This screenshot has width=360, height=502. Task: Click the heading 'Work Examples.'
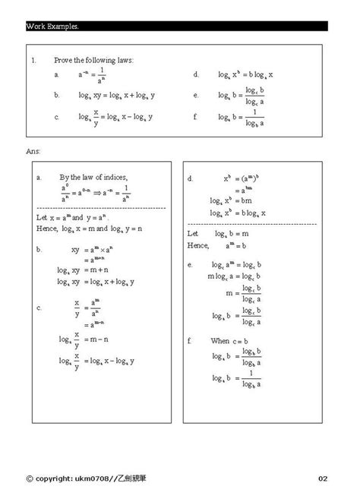[x=53, y=26]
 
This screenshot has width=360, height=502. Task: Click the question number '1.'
[x=34, y=59]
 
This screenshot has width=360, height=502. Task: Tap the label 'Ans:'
[x=33, y=151]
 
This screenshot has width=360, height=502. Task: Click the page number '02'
[x=323, y=478]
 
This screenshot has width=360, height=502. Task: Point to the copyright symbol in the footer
[x=30, y=478]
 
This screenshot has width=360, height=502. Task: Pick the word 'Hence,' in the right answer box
[x=199, y=245]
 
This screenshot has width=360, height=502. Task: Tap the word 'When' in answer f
[x=220, y=340]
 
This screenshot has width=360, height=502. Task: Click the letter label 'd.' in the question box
[x=196, y=75]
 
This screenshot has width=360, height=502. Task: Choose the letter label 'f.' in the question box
[x=196, y=117]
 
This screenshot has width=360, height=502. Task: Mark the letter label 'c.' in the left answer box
[x=39, y=308]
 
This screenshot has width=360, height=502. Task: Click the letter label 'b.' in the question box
[x=57, y=96]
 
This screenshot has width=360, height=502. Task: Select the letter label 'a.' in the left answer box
[x=39, y=176]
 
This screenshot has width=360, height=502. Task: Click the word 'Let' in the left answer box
[x=42, y=216]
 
